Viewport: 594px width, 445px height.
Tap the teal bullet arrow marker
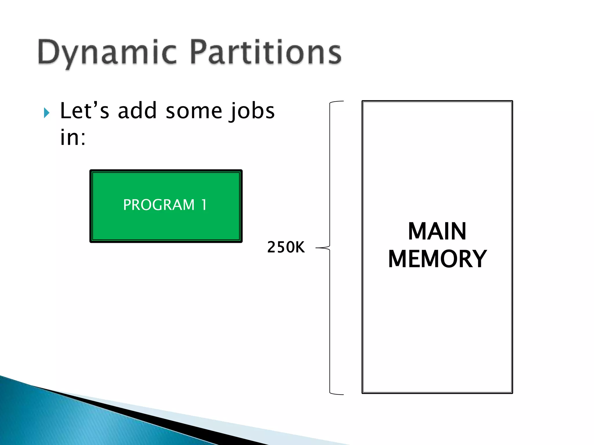pos(46,113)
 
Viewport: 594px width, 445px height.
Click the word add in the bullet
pos(137,111)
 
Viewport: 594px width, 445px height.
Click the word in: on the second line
pos(73,137)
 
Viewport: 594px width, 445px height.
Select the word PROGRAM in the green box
pos(159,205)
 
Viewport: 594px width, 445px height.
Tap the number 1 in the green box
pos(204,205)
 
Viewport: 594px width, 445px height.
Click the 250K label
pos(286,247)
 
